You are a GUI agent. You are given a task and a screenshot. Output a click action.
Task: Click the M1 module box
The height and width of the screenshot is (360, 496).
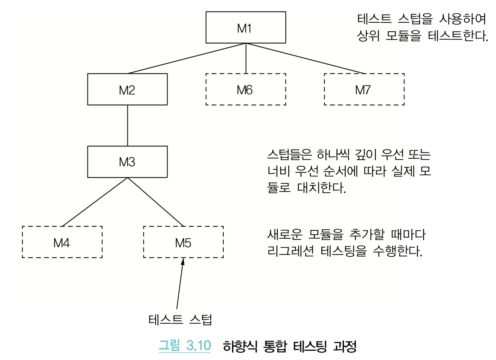coord(246,27)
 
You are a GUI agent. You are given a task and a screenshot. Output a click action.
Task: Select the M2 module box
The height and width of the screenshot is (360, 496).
coord(127,89)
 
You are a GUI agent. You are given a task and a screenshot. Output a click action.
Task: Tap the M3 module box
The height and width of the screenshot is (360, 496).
coord(127,162)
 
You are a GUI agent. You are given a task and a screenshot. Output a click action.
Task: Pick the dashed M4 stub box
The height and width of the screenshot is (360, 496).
coord(62,242)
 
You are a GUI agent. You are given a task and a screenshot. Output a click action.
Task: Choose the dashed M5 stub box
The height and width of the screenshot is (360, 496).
coord(183,242)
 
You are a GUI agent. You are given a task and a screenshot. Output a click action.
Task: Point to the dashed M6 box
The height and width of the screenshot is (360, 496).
coord(246,89)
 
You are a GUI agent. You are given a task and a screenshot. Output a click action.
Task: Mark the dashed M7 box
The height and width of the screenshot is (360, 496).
coord(364,89)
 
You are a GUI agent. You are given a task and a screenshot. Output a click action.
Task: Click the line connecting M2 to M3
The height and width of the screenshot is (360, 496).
coord(128,125)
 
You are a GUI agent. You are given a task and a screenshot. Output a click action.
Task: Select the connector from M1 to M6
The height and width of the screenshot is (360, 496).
coord(246,58)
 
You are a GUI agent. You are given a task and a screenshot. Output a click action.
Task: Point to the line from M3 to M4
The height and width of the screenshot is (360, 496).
coord(95,202)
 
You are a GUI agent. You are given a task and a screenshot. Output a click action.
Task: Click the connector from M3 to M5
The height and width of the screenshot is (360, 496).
coord(156,202)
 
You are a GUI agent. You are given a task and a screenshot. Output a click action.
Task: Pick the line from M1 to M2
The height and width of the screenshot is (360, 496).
coord(187,58)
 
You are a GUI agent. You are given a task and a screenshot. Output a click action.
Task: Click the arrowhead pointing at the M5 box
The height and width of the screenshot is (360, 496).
coord(183,262)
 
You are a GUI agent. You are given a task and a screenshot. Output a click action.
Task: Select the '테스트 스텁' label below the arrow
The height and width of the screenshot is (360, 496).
coord(180,319)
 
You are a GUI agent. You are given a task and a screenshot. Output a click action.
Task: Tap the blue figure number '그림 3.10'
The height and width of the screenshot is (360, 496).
coord(184,346)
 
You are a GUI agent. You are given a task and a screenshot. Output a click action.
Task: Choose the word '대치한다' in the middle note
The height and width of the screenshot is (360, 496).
coord(321,188)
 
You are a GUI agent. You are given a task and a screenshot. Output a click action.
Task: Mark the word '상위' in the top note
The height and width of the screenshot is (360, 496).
coord(368,36)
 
